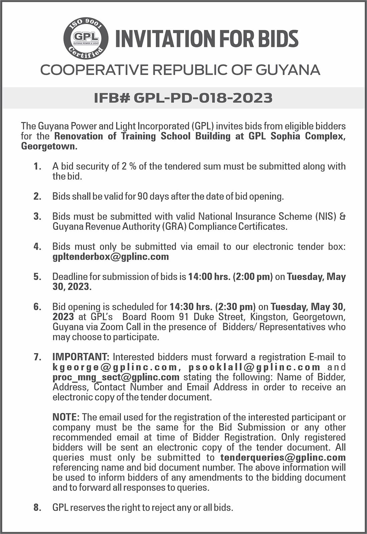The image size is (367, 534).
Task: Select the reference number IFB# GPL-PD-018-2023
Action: coord(183,98)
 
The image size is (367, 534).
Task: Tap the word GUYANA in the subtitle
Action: coord(288,70)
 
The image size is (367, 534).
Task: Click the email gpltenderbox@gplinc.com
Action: coord(110,257)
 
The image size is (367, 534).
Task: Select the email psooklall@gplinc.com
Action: coord(254,367)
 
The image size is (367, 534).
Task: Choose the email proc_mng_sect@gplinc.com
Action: coord(116,377)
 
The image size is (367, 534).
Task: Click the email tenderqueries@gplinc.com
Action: coord(283,457)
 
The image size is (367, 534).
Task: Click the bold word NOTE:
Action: coord(66,417)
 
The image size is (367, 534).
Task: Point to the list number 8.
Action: coord(37,508)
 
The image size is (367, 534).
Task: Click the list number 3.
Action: coord(37,217)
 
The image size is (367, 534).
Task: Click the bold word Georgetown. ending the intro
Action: coord(49,146)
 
